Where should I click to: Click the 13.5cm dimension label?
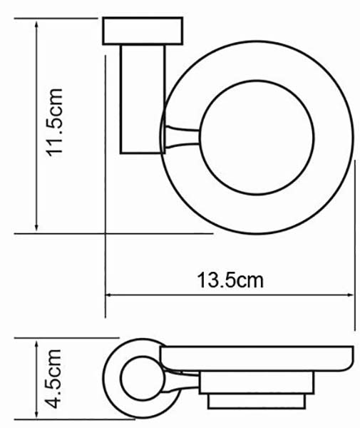point(230,280)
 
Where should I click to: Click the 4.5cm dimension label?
point(53,379)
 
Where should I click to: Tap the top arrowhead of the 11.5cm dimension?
point(36,23)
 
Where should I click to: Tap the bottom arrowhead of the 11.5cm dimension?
point(36,228)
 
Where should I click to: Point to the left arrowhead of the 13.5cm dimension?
point(109,295)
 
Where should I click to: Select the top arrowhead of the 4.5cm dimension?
point(36,342)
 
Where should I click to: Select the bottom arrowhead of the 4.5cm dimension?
point(36,414)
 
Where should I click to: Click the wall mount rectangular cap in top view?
point(143,31)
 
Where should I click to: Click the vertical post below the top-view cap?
point(143,99)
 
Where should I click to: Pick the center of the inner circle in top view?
point(257,137)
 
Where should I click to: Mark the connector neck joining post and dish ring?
point(181,137)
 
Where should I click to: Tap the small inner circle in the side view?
point(143,378)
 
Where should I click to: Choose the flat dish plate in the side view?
point(257,358)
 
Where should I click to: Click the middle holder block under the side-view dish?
point(257,382)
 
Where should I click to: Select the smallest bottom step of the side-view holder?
point(257,401)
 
